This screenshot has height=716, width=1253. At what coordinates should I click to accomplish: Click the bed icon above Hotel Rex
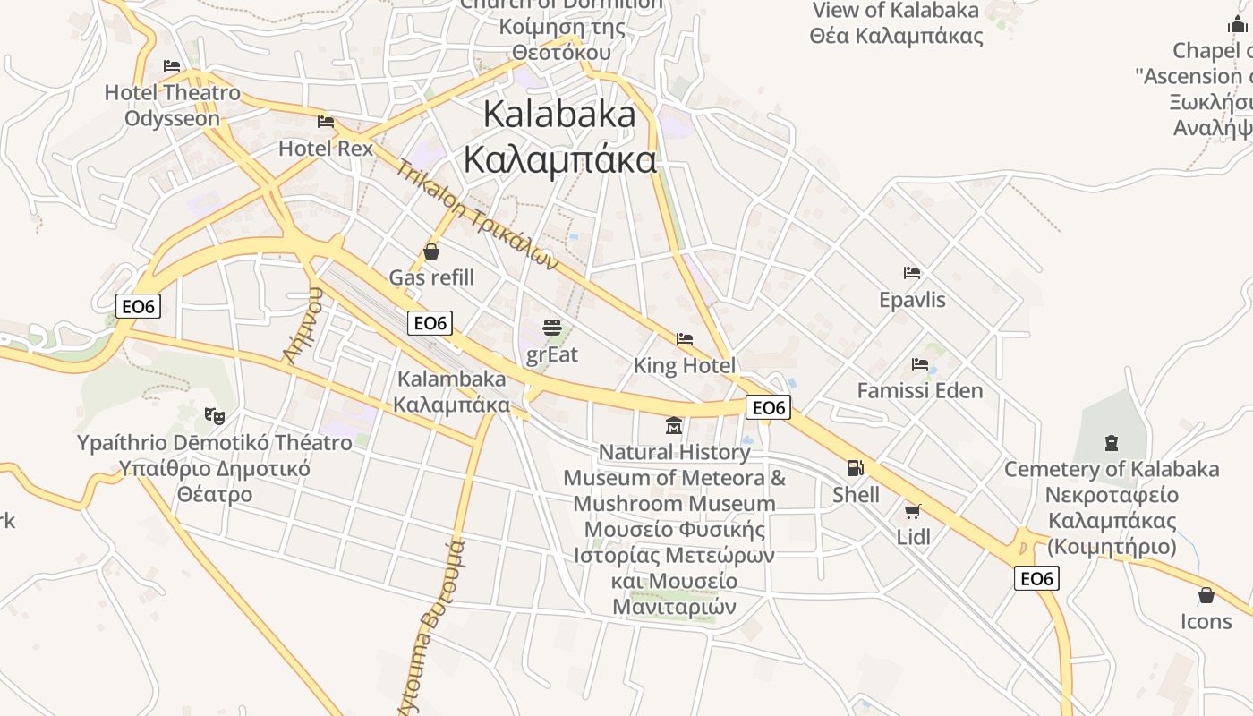(x=326, y=121)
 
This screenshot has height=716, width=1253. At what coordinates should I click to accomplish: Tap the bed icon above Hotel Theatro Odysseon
(x=172, y=66)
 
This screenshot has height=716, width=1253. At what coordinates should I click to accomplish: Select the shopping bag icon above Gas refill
(x=431, y=251)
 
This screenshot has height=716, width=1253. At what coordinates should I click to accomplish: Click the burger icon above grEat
(x=552, y=328)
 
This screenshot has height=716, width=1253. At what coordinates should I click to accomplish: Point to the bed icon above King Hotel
(x=685, y=339)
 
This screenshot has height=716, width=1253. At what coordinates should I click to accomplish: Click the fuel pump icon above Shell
(x=856, y=467)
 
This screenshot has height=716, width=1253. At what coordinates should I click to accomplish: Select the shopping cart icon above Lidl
(x=912, y=511)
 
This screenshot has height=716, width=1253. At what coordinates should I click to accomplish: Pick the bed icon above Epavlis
(x=912, y=273)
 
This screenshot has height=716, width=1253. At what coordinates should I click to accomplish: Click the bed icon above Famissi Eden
(x=919, y=364)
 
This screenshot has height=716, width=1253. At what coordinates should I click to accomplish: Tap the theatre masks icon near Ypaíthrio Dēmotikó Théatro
(x=214, y=415)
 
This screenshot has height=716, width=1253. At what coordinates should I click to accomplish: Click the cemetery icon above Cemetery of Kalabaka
(x=1111, y=442)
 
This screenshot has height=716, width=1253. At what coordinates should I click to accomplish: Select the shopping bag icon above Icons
(x=1206, y=595)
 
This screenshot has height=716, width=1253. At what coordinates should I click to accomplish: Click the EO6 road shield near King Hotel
(x=768, y=408)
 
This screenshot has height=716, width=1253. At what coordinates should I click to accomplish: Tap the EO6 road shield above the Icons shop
(x=1036, y=578)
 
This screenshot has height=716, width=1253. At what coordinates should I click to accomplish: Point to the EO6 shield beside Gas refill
(x=430, y=323)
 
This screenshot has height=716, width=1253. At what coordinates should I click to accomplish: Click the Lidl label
(x=913, y=537)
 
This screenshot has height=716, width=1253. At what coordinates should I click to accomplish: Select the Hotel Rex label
(x=326, y=148)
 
